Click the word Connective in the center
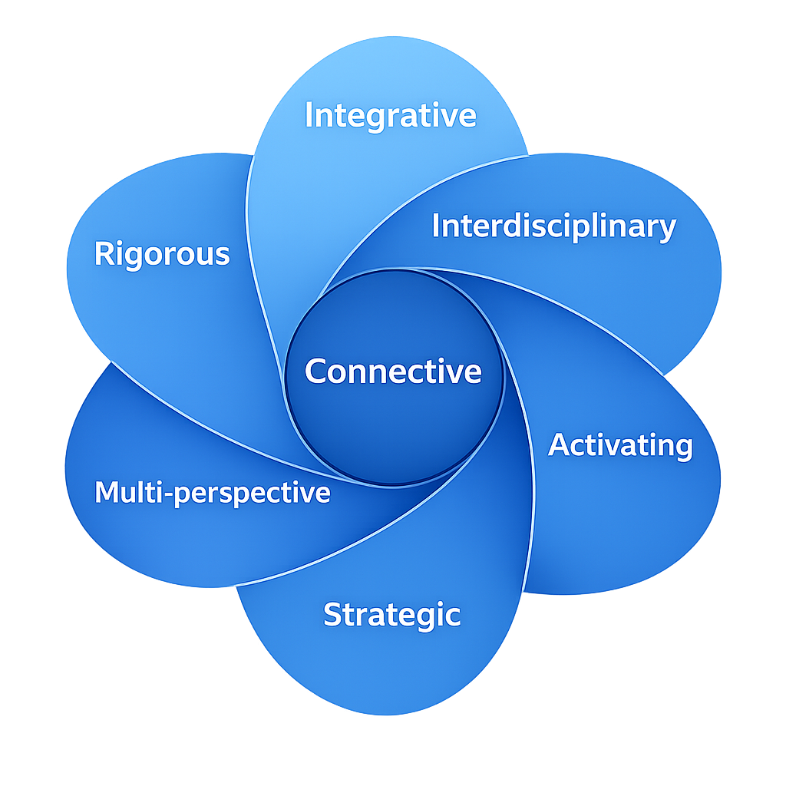[x=393, y=372]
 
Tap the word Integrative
[x=391, y=116]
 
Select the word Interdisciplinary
[x=553, y=226]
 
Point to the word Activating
[x=620, y=445]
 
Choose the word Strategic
[x=391, y=615]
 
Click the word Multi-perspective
[x=213, y=493]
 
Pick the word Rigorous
[x=162, y=254]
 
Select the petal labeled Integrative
[x=361, y=177]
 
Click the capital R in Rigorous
[x=103, y=254]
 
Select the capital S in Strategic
[x=332, y=615]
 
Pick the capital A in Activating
[x=559, y=445]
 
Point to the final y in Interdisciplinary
[x=668, y=230]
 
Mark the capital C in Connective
[x=315, y=372]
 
